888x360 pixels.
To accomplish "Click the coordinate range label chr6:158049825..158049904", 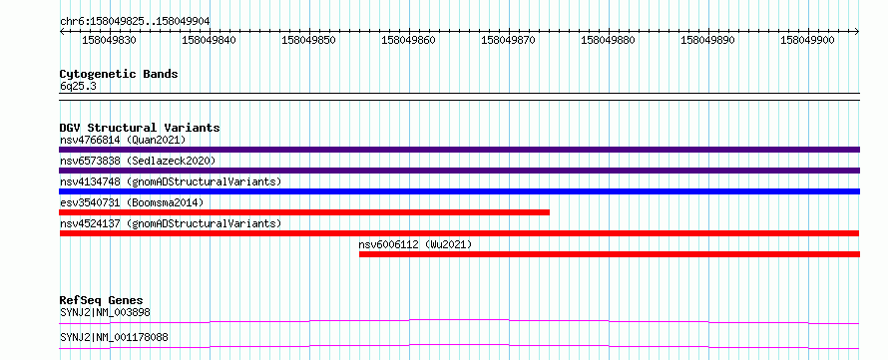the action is coord(135,21).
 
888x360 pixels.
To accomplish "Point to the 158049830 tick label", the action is coord(110,40).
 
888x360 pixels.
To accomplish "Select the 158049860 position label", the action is coord(408,40).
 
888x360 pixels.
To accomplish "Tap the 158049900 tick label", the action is coord(807,40).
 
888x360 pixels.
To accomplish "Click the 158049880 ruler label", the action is coord(608,40).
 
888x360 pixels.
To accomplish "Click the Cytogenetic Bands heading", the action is coord(119,74).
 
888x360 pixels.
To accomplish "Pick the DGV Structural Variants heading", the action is coord(140,128).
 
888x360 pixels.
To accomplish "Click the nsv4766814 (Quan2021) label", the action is coord(123,140).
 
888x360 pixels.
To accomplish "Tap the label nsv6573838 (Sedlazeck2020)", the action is coord(138,161).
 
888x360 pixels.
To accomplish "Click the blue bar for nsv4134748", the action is coord(459,191).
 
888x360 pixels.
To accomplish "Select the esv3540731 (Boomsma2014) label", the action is coord(132,202).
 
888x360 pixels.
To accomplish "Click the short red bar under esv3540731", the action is coord(304,212).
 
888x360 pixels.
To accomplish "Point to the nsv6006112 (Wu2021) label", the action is coord(415,244).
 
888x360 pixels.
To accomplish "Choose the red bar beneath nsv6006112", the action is coord(610,254).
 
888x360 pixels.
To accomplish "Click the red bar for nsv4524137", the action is coord(459,233).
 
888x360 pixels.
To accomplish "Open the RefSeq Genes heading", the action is coord(102,300).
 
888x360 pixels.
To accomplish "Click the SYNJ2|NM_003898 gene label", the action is coord(106,312).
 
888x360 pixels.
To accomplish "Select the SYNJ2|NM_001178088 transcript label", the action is coord(114,338).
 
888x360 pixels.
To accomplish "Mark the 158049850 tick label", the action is coord(308,40).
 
